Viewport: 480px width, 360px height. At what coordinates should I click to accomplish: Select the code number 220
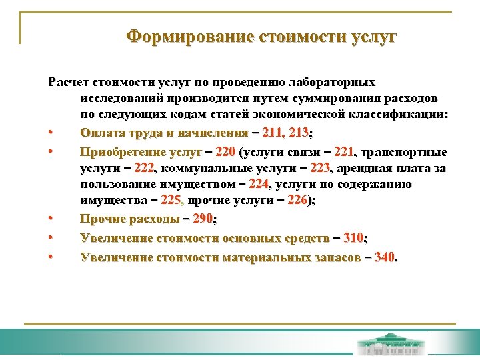pos(226,152)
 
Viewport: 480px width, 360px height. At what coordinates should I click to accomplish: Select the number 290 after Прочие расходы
pos(203,219)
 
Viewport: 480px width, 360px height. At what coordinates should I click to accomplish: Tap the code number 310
pos(354,237)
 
